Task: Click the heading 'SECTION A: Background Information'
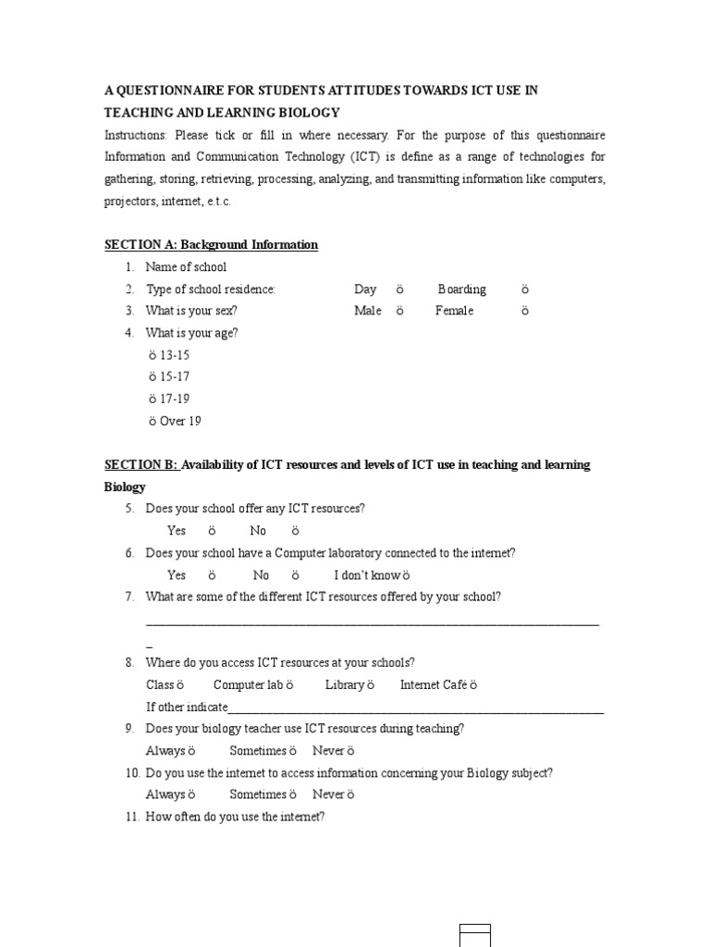pos(211,245)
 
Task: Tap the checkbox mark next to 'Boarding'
pos(524,289)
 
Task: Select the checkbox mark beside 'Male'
pos(399,312)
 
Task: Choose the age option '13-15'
pos(169,355)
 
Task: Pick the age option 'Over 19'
pos(175,422)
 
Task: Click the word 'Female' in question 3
pos(454,312)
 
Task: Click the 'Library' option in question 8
pos(349,685)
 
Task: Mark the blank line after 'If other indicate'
pos(416,708)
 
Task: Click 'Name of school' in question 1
pos(186,267)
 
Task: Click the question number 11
pos(131,817)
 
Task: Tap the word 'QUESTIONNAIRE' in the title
pos(175,91)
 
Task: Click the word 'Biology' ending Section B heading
pos(125,486)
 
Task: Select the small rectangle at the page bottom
pos(475,934)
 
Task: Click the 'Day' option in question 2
pos(365,289)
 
